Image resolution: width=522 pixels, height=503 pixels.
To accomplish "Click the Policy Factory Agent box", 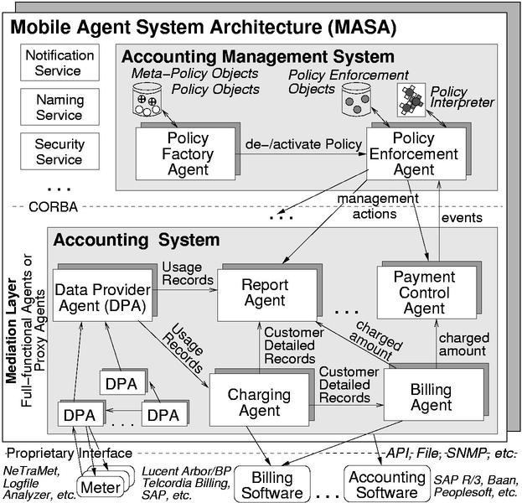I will (188, 153).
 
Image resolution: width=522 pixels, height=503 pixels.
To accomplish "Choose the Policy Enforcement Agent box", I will (412, 153).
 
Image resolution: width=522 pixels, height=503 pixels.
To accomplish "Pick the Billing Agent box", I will (433, 397).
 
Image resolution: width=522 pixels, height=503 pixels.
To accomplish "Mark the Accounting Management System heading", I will (257, 57).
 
